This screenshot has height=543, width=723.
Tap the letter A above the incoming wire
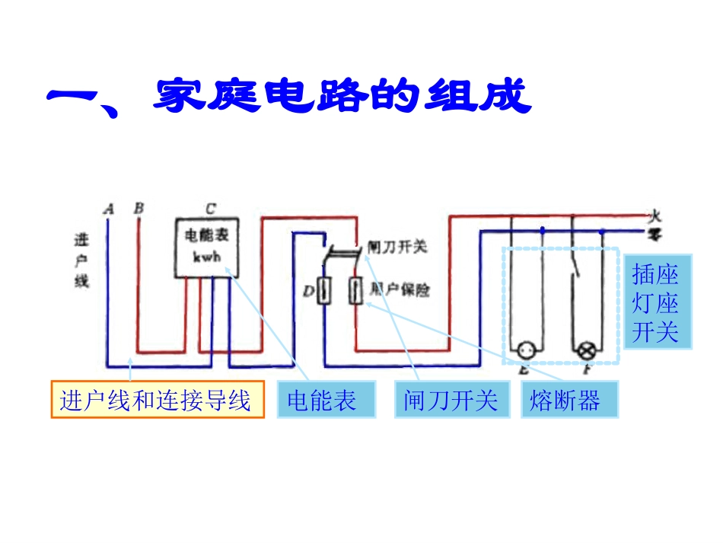(108, 208)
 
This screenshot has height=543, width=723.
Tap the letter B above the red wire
(138, 207)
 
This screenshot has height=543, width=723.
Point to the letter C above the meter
(210, 207)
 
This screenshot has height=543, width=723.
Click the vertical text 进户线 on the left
(81, 260)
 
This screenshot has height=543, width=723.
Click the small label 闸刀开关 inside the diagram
(397, 247)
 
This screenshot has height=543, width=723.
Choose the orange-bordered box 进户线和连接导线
(158, 399)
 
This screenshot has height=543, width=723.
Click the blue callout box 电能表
(321, 399)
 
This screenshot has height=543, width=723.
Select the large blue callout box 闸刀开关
(451, 399)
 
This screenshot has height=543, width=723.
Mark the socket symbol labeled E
(525, 351)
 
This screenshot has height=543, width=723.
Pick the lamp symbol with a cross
(587, 351)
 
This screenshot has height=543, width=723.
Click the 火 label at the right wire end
(655, 216)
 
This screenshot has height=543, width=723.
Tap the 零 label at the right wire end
(655, 232)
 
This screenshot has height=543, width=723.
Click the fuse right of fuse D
(355, 290)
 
